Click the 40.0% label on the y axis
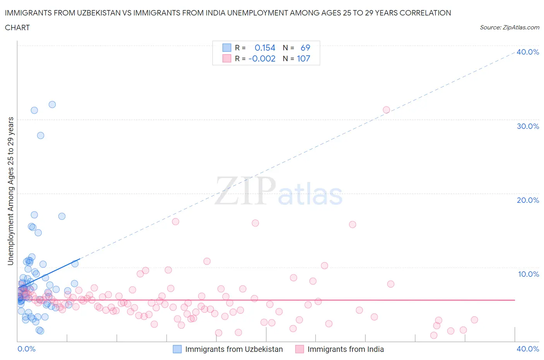pyautogui.click(x=528, y=52)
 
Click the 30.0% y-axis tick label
pyautogui.click(x=528, y=126)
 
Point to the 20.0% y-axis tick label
pyautogui.click(x=528, y=200)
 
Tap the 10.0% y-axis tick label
pyautogui.click(x=528, y=274)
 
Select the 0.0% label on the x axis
pyautogui.click(x=26, y=349)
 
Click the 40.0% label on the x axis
pyautogui.click(x=528, y=349)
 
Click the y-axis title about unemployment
pyautogui.click(x=10, y=191)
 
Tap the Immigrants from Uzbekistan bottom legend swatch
pyautogui.click(x=177, y=349)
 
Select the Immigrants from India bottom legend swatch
pyautogui.click(x=299, y=349)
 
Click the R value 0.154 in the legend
pyautogui.click(x=265, y=48)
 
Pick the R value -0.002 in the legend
pyautogui.click(x=262, y=58)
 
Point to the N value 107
pyautogui.click(x=303, y=58)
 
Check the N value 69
pyautogui.click(x=305, y=48)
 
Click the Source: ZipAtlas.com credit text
pyautogui.click(x=509, y=27)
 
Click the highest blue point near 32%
pyautogui.click(x=52, y=105)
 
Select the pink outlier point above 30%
pyautogui.click(x=386, y=110)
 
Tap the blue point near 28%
pyautogui.click(x=41, y=135)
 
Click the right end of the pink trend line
pyautogui.click(x=515, y=300)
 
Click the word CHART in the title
pyautogui.click(x=17, y=27)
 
